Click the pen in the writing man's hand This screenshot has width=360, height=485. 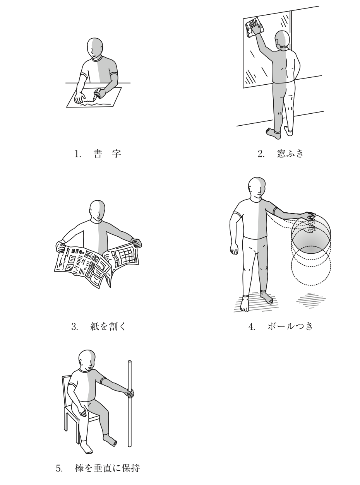[x=97, y=94]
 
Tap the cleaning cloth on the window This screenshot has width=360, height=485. [x=255, y=27]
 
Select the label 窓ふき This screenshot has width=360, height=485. [x=290, y=153]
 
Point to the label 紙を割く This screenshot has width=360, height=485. [x=108, y=326]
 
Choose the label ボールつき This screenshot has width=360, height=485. [x=290, y=326]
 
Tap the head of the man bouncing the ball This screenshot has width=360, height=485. [x=257, y=187]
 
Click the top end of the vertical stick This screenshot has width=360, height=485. [x=130, y=362]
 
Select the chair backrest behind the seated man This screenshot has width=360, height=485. [x=67, y=389]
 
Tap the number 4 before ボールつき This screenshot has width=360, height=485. [x=252, y=327]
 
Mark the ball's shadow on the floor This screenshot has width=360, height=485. [x=311, y=300]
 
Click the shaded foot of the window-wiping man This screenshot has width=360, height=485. [x=273, y=133]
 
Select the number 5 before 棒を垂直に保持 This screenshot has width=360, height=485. [x=59, y=467]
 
